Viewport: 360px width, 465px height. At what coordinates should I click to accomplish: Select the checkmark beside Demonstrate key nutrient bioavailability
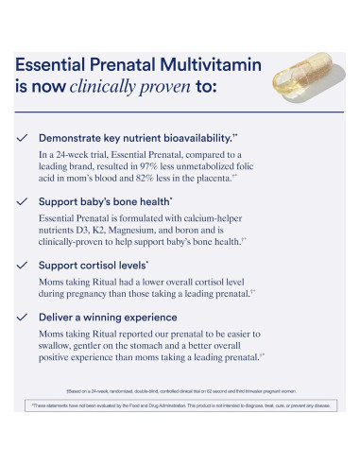click(x=22, y=137)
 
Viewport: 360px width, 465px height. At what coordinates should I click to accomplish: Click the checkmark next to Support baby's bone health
click(x=22, y=201)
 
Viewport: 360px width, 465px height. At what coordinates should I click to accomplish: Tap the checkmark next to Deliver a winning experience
click(x=22, y=318)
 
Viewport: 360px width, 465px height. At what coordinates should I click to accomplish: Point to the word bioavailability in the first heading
click(x=196, y=138)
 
